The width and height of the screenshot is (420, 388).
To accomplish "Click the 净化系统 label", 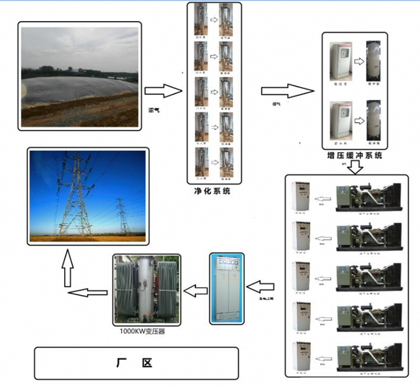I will (212, 191).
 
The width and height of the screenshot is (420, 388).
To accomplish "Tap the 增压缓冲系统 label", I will (354, 155).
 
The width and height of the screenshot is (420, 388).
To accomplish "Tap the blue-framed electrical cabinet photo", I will (227, 288).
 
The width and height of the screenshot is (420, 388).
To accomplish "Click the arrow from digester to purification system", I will (163, 90).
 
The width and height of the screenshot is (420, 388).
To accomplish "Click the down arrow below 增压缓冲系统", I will (356, 167).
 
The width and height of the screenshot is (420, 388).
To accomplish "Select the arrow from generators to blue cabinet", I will (261, 287).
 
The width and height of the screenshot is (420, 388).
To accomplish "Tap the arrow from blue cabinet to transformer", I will (195, 290).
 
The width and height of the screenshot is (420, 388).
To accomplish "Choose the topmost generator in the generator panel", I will (369, 197).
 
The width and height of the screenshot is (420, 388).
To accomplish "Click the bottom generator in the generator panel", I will (369, 356).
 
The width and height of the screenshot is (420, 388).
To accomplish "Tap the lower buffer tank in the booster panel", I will (374, 121).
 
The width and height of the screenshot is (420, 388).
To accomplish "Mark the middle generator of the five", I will (369, 277).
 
